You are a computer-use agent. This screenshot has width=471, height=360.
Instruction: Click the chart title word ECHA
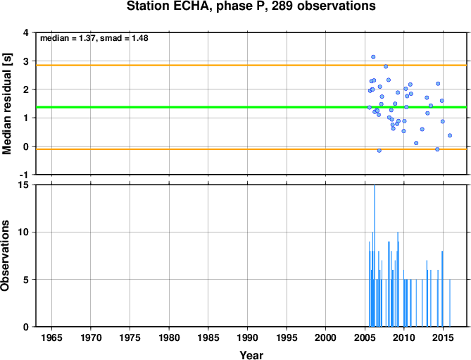point(191,6)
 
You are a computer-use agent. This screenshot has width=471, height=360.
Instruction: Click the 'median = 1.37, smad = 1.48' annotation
point(94,38)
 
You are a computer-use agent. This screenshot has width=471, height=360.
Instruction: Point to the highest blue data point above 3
point(373,57)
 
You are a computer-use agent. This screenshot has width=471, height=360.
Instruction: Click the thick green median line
point(251,107)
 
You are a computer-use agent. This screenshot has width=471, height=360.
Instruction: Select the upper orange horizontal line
point(251,66)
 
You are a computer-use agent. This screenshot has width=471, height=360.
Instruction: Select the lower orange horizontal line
point(251,149)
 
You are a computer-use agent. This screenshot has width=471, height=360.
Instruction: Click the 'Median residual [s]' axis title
point(6,104)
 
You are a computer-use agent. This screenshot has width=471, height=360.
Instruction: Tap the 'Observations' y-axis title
point(5,256)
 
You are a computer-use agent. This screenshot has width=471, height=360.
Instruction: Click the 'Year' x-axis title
point(251,355)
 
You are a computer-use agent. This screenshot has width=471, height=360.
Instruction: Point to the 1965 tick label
point(51,337)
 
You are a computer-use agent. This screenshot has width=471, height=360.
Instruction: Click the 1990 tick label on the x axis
point(248,337)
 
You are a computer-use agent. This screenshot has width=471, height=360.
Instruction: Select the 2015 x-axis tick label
point(443,337)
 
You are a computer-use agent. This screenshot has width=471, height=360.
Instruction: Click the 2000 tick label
point(325,337)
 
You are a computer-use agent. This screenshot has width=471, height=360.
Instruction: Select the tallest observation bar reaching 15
point(375,256)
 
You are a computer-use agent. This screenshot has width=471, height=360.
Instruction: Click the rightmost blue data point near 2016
point(450,135)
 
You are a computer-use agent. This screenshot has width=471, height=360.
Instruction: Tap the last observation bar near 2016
point(450,303)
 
